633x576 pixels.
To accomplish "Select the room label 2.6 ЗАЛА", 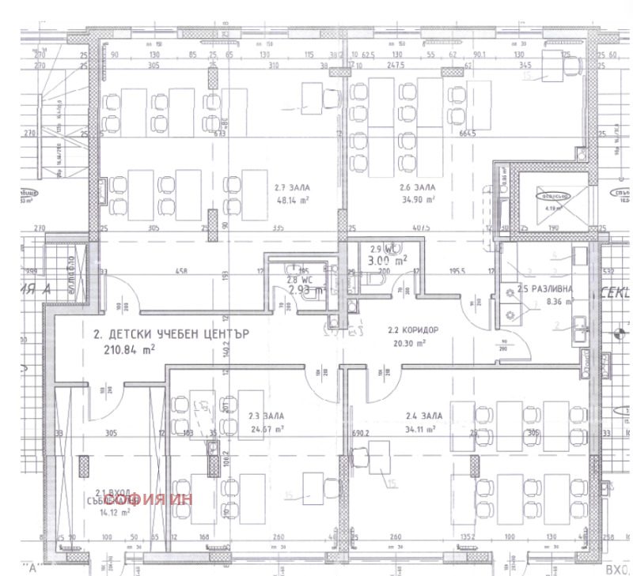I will tap(415, 187).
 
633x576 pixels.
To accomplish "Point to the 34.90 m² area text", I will tap(413, 200).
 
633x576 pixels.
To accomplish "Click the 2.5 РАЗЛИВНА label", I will tap(545, 288).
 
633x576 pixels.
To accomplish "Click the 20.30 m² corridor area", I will tap(407, 343).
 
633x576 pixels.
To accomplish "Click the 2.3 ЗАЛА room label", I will tap(265, 416).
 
